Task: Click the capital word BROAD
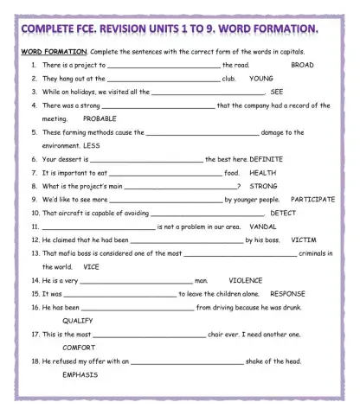point(302,65)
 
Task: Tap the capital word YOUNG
point(261,78)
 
